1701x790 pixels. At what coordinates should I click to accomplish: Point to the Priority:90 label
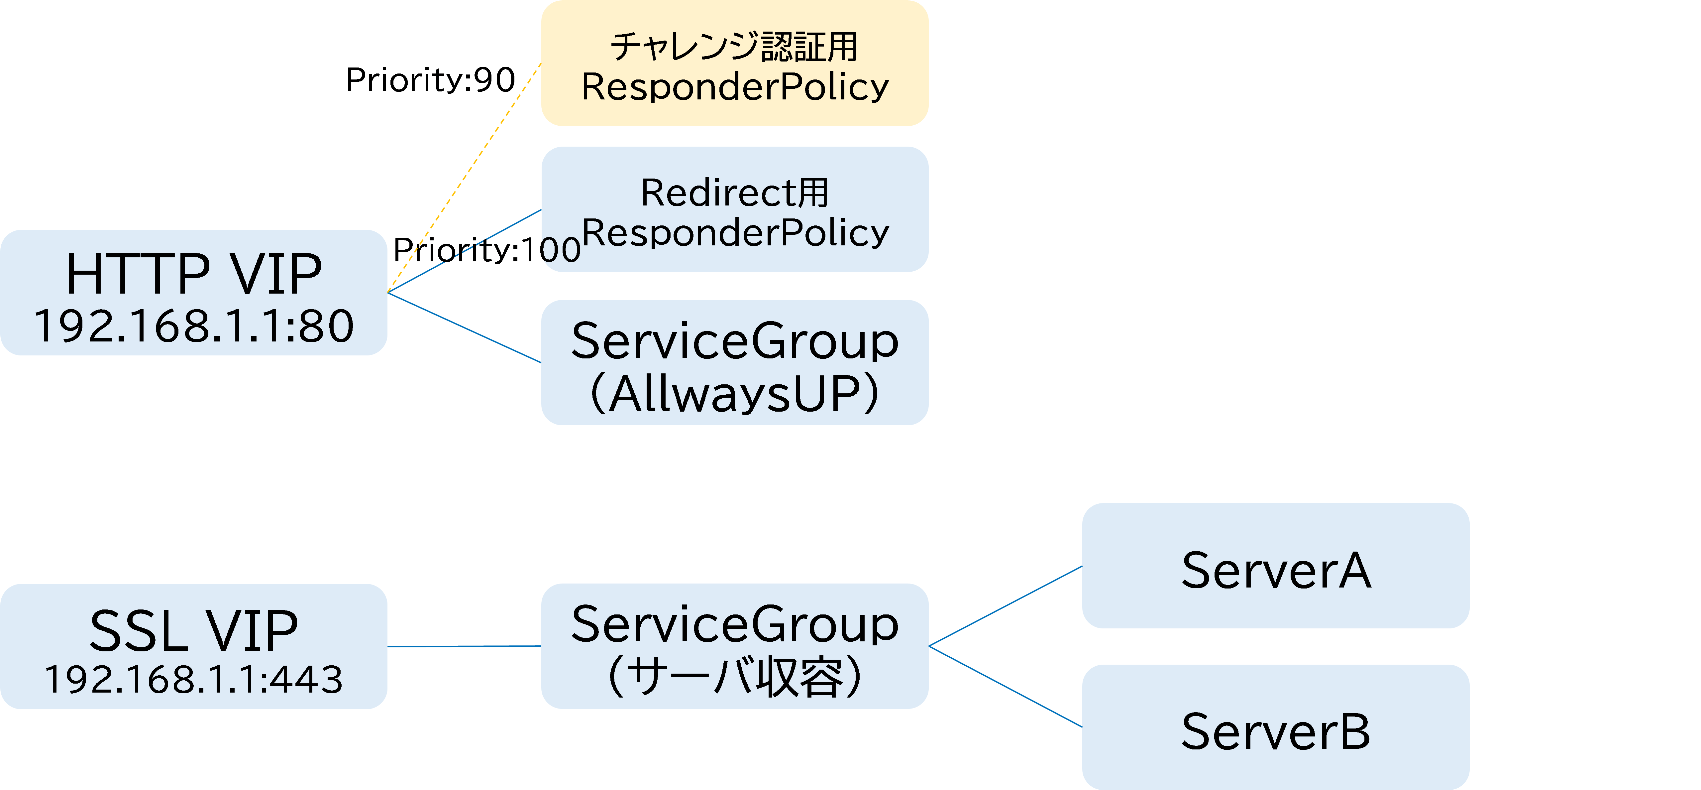pos(430,80)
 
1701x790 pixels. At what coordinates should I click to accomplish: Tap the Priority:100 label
pos(487,250)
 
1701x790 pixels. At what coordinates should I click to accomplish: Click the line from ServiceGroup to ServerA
pos(1005,606)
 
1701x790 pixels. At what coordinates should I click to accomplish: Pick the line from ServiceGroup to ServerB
pos(1005,686)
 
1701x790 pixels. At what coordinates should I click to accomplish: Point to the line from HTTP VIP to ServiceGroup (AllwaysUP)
pos(464,328)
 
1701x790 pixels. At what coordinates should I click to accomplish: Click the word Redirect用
pos(734,193)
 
